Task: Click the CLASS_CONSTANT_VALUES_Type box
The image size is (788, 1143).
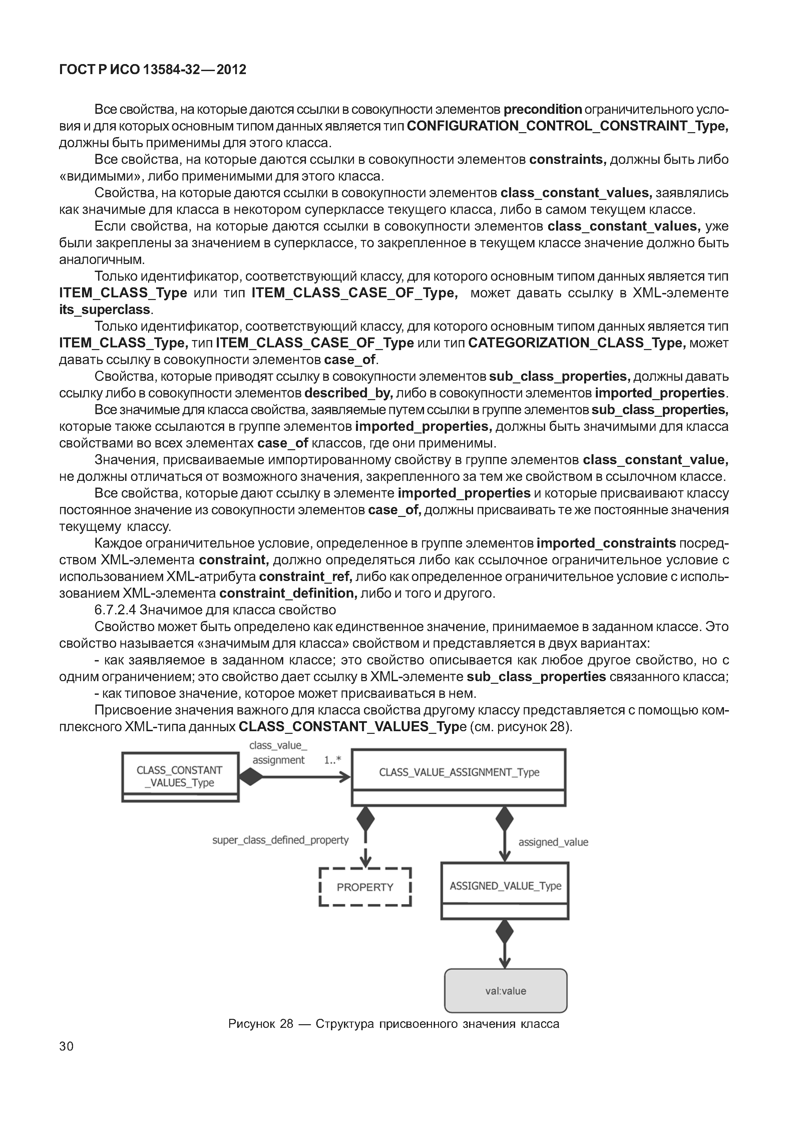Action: (x=180, y=777)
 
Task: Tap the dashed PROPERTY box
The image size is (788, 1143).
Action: (x=365, y=887)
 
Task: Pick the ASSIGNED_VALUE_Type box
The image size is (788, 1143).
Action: (x=505, y=886)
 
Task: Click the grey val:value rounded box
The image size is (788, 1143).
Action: (x=505, y=991)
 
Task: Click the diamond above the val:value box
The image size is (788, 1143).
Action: (x=505, y=932)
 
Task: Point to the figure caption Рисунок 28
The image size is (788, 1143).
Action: (x=394, y=1024)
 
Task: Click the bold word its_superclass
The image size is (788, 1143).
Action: (x=105, y=310)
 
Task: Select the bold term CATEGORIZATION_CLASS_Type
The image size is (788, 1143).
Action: (x=576, y=343)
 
